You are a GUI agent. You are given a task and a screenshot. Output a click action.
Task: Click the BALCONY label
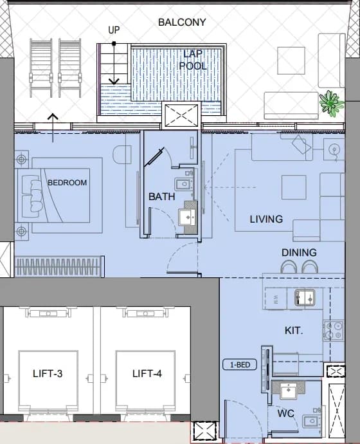coord(182,23)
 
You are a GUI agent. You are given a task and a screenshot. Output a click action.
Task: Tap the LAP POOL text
coord(193,60)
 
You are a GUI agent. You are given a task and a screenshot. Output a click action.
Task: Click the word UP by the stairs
coord(114,30)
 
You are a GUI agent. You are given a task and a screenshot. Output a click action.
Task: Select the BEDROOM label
coord(67,183)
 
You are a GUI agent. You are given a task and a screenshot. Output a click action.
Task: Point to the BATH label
coord(162,196)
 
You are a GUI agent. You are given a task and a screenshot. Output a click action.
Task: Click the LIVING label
coord(266,219)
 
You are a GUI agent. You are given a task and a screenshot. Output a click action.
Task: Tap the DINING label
coord(299,253)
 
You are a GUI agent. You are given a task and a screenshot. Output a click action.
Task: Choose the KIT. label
coord(294,331)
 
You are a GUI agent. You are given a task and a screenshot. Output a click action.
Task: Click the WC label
coord(285,413)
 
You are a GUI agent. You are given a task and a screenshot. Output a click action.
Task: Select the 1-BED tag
coord(240,365)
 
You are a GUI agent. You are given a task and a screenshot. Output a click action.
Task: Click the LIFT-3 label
coord(48,374)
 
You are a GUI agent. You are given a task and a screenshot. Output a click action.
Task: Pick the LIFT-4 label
coord(147,374)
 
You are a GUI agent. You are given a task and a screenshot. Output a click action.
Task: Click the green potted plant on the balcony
coord(332,103)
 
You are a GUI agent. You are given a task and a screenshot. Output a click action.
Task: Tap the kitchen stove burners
coord(334,331)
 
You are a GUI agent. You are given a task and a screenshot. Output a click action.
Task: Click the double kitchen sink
coord(305,297)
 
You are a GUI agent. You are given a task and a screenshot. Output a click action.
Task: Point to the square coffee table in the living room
coord(294,187)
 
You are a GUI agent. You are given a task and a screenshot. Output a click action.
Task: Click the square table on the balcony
coord(291,60)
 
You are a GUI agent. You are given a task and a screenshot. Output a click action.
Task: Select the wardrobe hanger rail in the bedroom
coord(59,266)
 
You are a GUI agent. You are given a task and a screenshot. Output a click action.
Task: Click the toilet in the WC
coord(312,421)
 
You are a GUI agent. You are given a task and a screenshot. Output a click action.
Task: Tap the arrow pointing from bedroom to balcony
coord(53,127)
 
